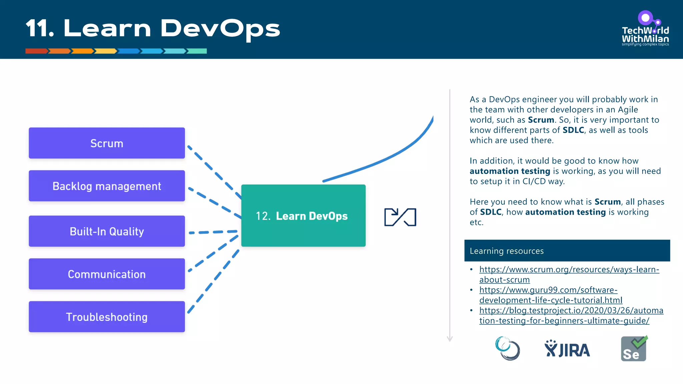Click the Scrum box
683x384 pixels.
(107, 143)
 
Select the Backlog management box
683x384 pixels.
(107, 186)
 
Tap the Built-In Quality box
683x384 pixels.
(107, 231)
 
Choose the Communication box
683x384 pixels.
(107, 274)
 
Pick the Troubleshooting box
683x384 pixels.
(107, 317)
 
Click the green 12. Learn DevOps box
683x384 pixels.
(303, 216)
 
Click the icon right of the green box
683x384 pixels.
(400, 217)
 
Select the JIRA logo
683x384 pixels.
(567, 349)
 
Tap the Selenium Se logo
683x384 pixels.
(634, 349)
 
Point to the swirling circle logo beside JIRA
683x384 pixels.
(507, 348)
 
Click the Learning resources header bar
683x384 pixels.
(567, 251)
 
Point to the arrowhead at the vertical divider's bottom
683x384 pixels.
(450, 339)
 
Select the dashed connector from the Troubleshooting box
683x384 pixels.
(213, 282)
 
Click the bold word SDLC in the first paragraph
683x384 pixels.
(573, 130)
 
